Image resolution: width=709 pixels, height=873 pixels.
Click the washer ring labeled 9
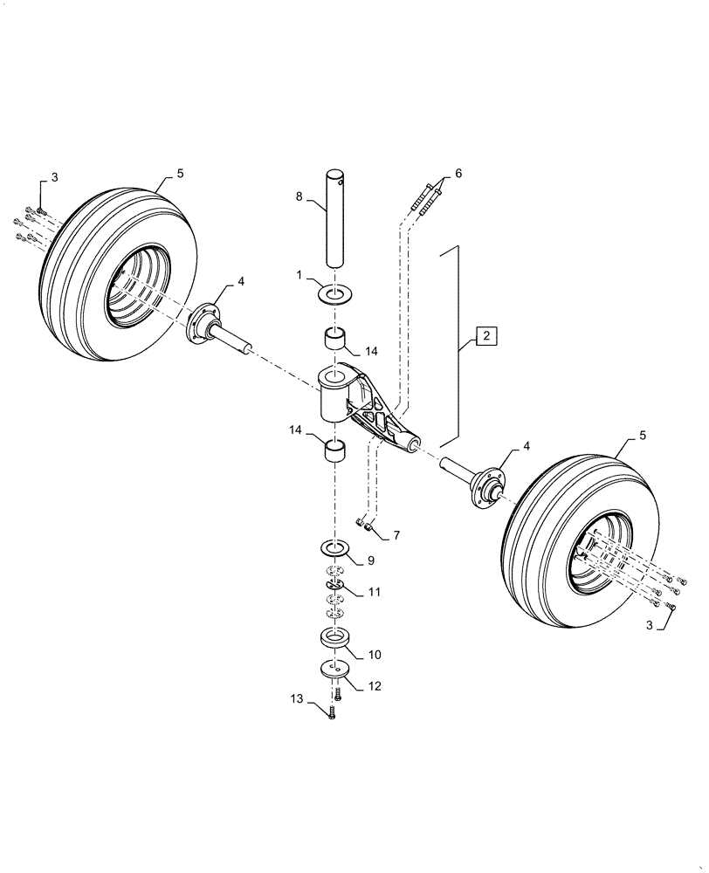(335, 548)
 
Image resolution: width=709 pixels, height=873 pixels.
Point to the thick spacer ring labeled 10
(335, 639)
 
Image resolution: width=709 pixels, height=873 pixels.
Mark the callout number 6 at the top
(459, 174)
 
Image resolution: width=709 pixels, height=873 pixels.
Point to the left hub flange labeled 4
(206, 322)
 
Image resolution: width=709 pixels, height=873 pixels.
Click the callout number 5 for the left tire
(181, 174)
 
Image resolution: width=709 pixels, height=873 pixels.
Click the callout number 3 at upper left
(54, 178)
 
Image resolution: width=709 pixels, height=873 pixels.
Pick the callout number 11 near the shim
(375, 592)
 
